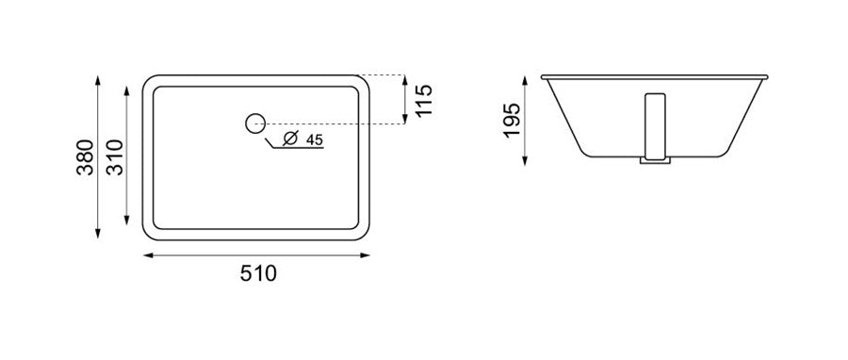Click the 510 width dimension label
(258, 273)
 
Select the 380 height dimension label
(86, 157)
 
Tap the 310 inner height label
(115, 157)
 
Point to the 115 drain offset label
(425, 100)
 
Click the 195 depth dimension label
(512, 120)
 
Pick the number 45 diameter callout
(314, 139)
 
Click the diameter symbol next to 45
(290, 139)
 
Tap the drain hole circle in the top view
(254, 123)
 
